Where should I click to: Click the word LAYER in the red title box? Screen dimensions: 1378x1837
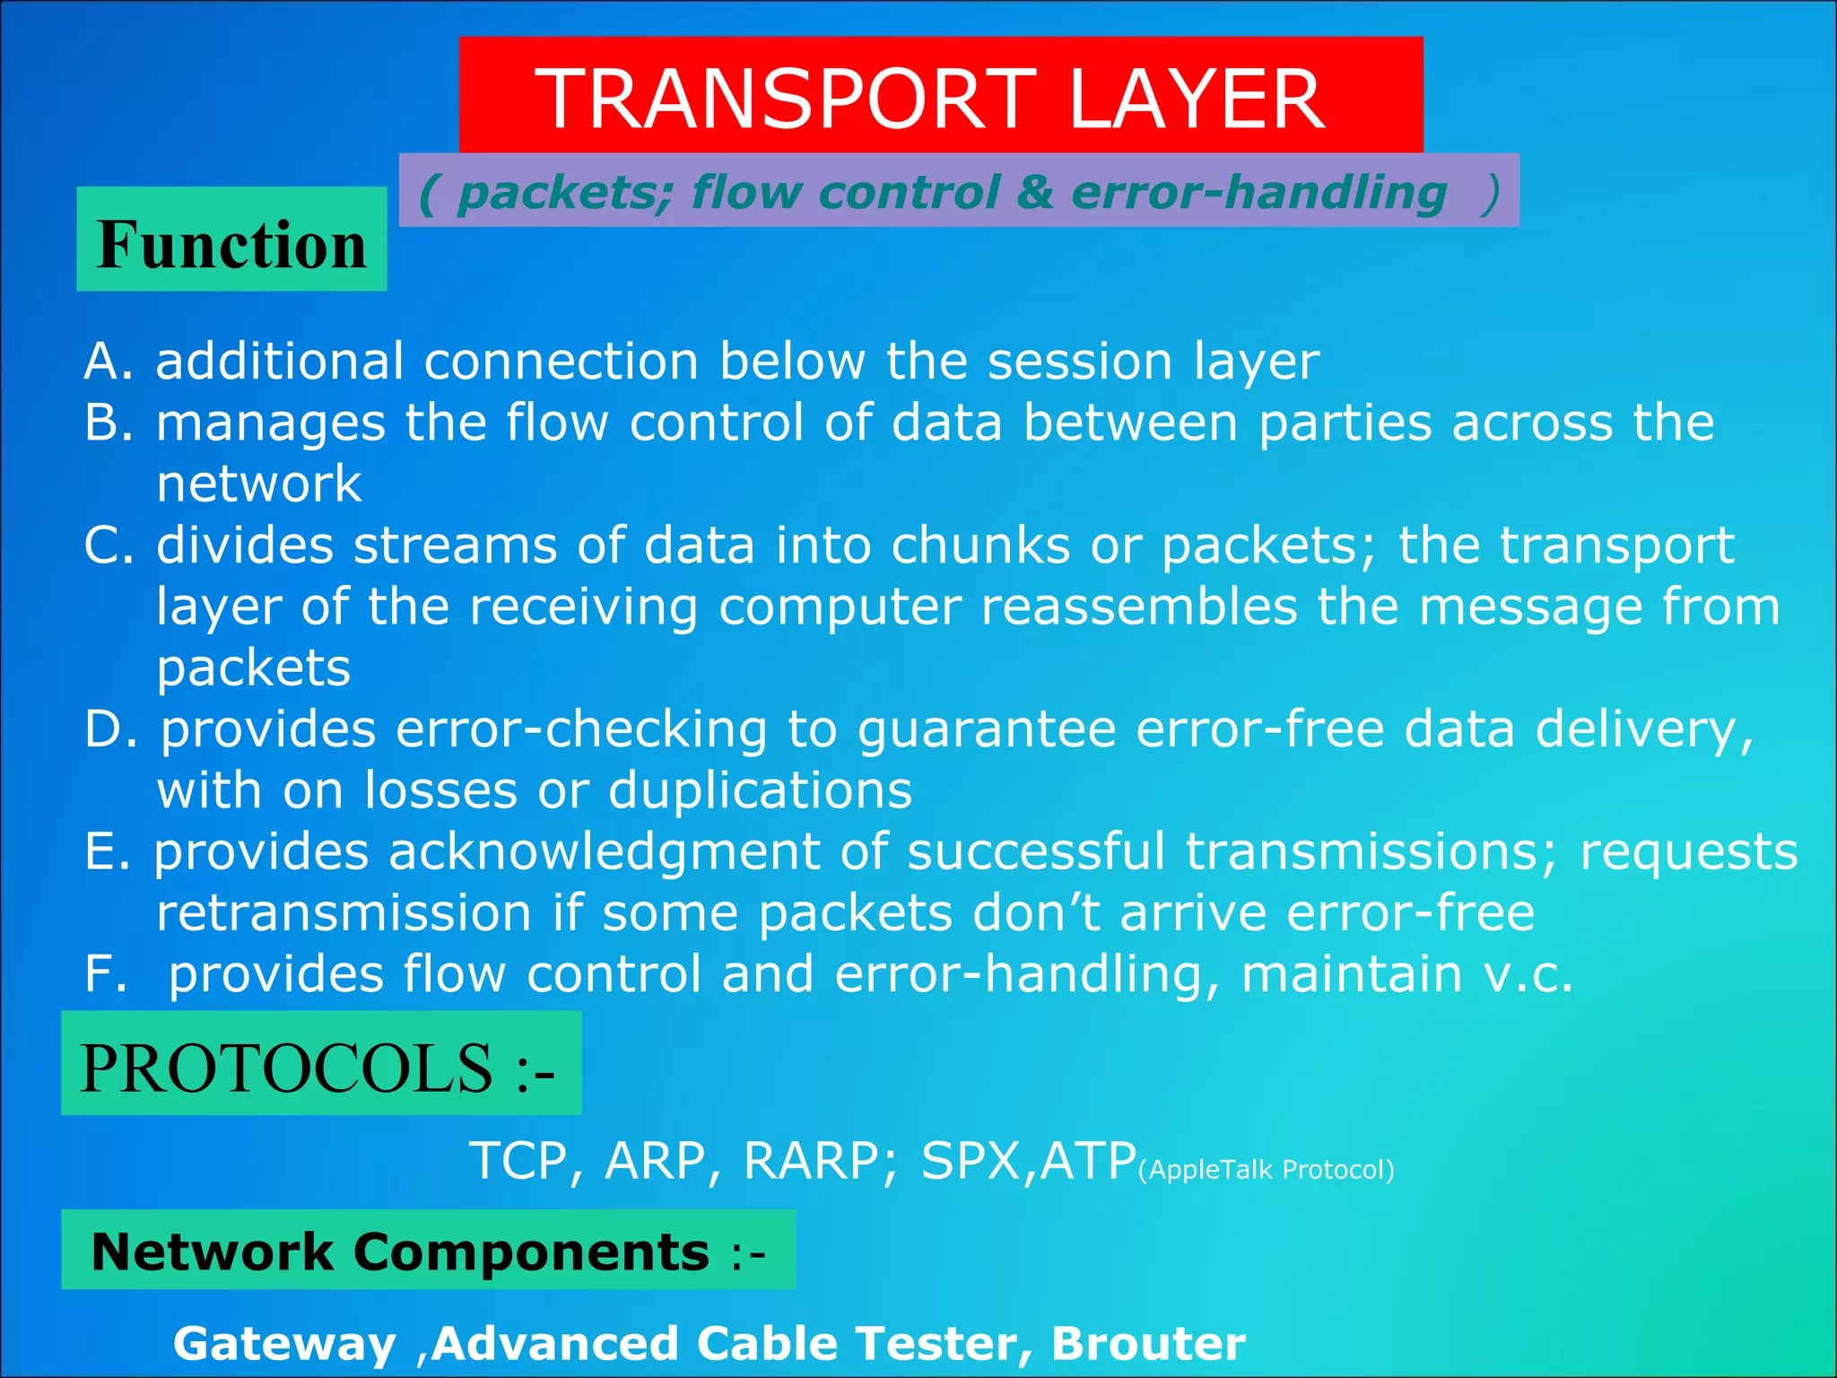pos(1196,99)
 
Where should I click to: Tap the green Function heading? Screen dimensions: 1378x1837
pos(231,244)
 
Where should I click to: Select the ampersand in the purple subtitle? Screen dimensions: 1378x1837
pos(1035,193)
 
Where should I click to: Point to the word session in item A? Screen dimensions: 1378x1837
pos(1080,362)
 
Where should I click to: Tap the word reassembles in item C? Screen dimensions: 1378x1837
pos(1139,607)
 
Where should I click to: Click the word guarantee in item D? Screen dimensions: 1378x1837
pos(987,729)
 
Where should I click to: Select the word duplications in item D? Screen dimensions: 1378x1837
pos(760,791)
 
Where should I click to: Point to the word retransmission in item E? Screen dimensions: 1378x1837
pos(344,913)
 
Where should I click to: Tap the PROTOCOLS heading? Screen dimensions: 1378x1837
pos(318,1068)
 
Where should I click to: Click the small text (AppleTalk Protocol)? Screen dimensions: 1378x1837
pos(1266,1170)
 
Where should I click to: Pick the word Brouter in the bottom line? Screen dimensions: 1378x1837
pos(1148,1343)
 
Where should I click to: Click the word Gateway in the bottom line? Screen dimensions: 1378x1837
pos(284,1344)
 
